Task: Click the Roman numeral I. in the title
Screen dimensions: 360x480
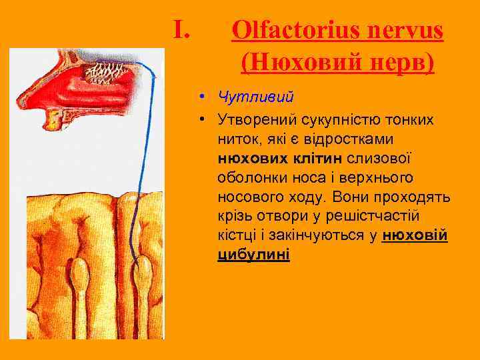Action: click(x=182, y=29)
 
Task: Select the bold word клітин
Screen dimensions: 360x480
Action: click(x=317, y=159)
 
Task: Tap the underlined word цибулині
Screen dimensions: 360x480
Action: click(x=253, y=255)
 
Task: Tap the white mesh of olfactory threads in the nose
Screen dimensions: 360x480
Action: click(x=97, y=67)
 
